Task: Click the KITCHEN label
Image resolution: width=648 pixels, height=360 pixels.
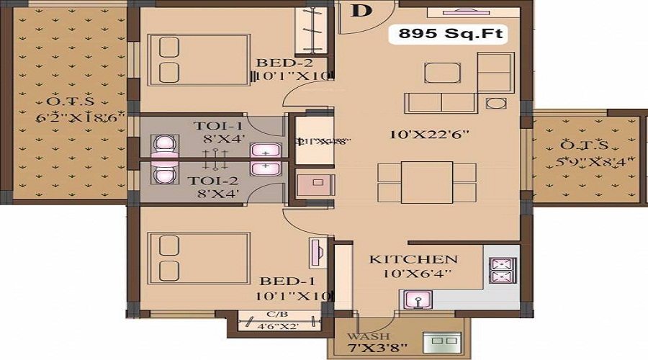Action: pyautogui.click(x=413, y=259)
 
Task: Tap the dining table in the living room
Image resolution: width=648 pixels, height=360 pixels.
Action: pyautogui.click(x=427, y=182)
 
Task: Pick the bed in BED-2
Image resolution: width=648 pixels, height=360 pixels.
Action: pyautogui.click(x=199, y=59)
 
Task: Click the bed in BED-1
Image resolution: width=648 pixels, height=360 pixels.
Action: pyautogui.click(x=199, y=258)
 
